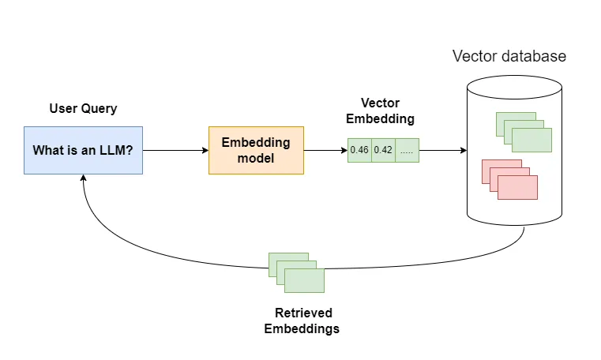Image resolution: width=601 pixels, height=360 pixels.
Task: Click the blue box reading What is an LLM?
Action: point(83,150)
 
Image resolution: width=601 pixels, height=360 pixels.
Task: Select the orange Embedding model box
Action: point(255,150)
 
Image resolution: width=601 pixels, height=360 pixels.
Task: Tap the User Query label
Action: point(83,109)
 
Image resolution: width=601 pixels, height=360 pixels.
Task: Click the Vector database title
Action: point(509,57)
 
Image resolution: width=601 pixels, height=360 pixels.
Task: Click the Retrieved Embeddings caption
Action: point(302,320)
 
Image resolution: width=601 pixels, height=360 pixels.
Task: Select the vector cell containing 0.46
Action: point(359,150)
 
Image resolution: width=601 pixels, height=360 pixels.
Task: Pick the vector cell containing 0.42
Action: point(383,150)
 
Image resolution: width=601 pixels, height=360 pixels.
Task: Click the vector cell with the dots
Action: point(407,150)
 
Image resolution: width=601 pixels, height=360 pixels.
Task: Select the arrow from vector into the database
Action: point(442,150)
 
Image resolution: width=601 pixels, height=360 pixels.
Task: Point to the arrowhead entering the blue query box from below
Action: point(83,179)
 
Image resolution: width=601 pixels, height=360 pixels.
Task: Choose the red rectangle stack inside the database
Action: point(509,179)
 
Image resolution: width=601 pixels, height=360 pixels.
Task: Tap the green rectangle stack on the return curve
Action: point(296,272)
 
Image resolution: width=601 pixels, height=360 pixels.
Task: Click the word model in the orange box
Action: point(255,157)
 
